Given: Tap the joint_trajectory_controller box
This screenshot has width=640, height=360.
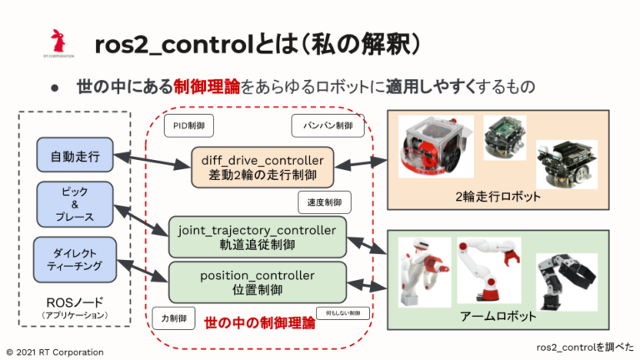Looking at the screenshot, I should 257,236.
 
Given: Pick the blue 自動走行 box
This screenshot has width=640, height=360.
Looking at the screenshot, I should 74,155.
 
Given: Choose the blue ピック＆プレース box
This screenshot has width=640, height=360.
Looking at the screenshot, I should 74,204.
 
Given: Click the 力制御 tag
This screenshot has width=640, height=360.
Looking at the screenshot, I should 174,317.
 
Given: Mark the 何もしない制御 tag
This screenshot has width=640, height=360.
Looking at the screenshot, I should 338,313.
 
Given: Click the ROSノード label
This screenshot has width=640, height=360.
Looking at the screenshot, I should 75,301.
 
